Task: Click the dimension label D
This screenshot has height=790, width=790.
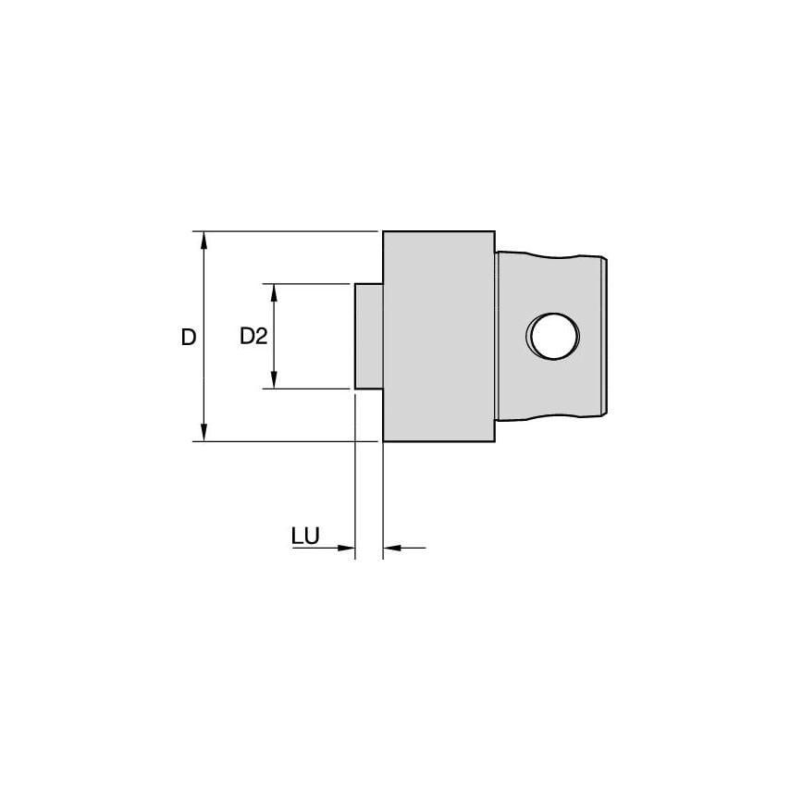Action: (189, 338)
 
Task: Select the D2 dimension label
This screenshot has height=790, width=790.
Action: (253, 337)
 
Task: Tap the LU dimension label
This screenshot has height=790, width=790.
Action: (305, 537)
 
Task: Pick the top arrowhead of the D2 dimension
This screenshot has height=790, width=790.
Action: (274, 292)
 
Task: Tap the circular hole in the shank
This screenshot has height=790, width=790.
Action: (553, 336)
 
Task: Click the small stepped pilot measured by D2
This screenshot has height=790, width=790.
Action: (369, 336)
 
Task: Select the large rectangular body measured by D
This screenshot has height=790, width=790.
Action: (438, 336)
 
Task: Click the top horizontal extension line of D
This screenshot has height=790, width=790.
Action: (287, 230)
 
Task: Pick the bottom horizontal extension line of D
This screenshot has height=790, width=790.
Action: (287, 441)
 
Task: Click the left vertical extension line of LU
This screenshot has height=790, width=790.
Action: (356, 481)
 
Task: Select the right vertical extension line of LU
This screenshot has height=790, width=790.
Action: (383, 500)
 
